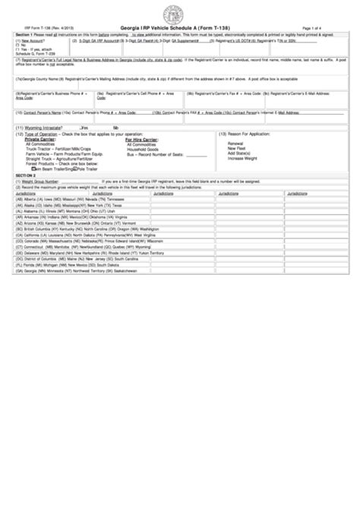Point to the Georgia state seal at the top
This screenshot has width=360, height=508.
(x=180, y=13)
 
